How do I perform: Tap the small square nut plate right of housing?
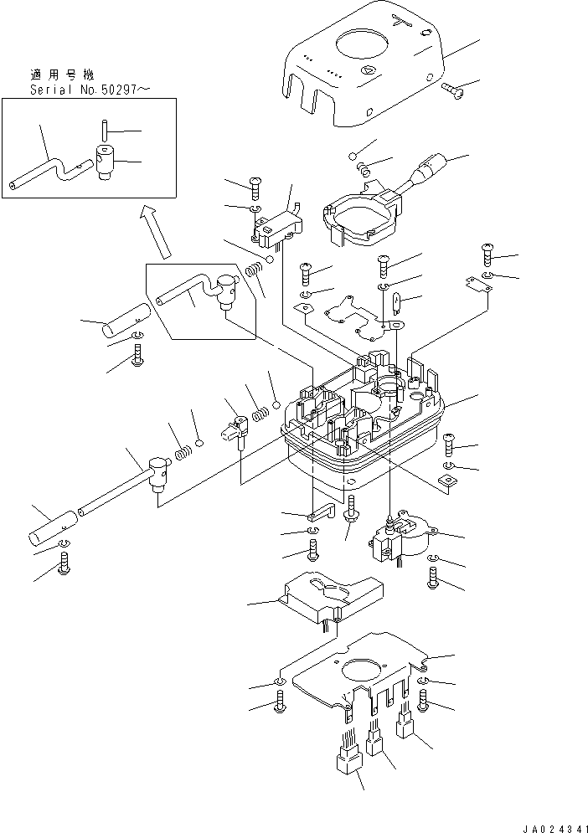coord(448,481)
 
